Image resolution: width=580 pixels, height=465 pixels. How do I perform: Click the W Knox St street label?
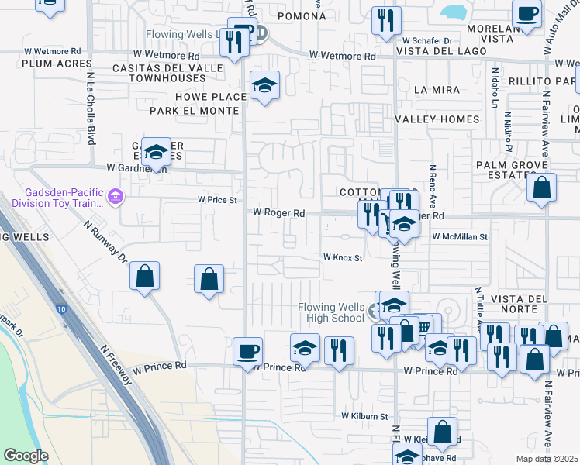[x=343, y=257]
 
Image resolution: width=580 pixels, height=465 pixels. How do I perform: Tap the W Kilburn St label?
[x=365, y=416]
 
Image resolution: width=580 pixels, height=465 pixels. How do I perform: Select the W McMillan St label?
[x=460, y=236]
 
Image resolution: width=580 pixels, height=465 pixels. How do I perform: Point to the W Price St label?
[x=217, y=199]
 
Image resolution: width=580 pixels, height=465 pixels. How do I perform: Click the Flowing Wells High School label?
[x=331, y=312]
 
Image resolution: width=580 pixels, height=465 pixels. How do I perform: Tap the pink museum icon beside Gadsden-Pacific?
[x=116, y=198]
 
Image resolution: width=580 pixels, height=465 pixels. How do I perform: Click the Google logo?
[x=26, y=456]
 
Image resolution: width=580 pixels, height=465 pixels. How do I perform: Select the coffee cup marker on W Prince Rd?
[x=247, y=351]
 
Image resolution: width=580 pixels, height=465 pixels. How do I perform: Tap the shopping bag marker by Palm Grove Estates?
[x=541, y=188]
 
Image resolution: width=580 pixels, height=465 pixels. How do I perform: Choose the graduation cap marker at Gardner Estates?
[x=156, y=152]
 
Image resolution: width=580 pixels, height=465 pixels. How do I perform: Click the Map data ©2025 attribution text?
[x=547, y=459]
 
